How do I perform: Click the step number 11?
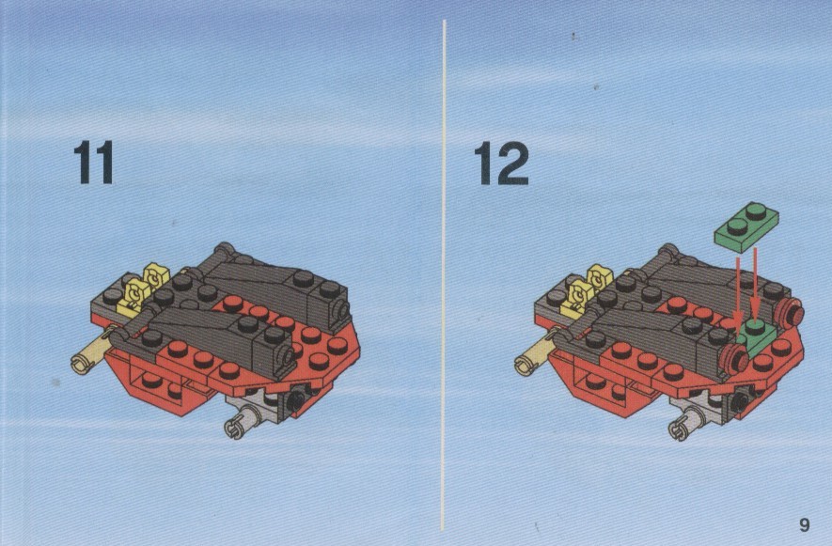click(x=93, y=163)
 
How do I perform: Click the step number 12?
click(x=501, y=164)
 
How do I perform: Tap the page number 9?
click(x=805, y=524)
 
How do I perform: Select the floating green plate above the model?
click(x=746, y=226)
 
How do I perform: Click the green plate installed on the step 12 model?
click(x=757, y=337)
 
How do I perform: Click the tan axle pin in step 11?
click(x=92, y=355)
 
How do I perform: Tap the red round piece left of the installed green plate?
click(x=734, y=359)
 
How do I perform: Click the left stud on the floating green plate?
click(x=737, y=226)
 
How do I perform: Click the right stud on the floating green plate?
click(x=757, y=211)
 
